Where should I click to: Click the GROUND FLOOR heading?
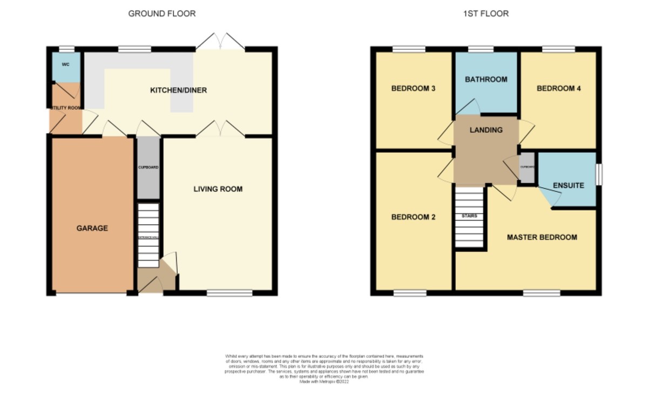162,14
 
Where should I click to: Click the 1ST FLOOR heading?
485,14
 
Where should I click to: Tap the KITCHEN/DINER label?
178,90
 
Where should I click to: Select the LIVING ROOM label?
218,189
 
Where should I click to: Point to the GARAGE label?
92,228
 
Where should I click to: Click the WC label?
66,64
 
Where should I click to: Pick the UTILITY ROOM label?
65,108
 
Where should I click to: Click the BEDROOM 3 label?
413,89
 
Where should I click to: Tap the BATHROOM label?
486,79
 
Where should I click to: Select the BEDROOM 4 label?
558,89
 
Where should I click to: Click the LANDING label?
486,130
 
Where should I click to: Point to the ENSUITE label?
568,185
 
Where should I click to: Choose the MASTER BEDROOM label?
542,237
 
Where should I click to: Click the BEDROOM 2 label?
413,217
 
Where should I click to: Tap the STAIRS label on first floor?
469,216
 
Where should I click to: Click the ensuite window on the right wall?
599,175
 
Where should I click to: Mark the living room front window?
230,293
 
